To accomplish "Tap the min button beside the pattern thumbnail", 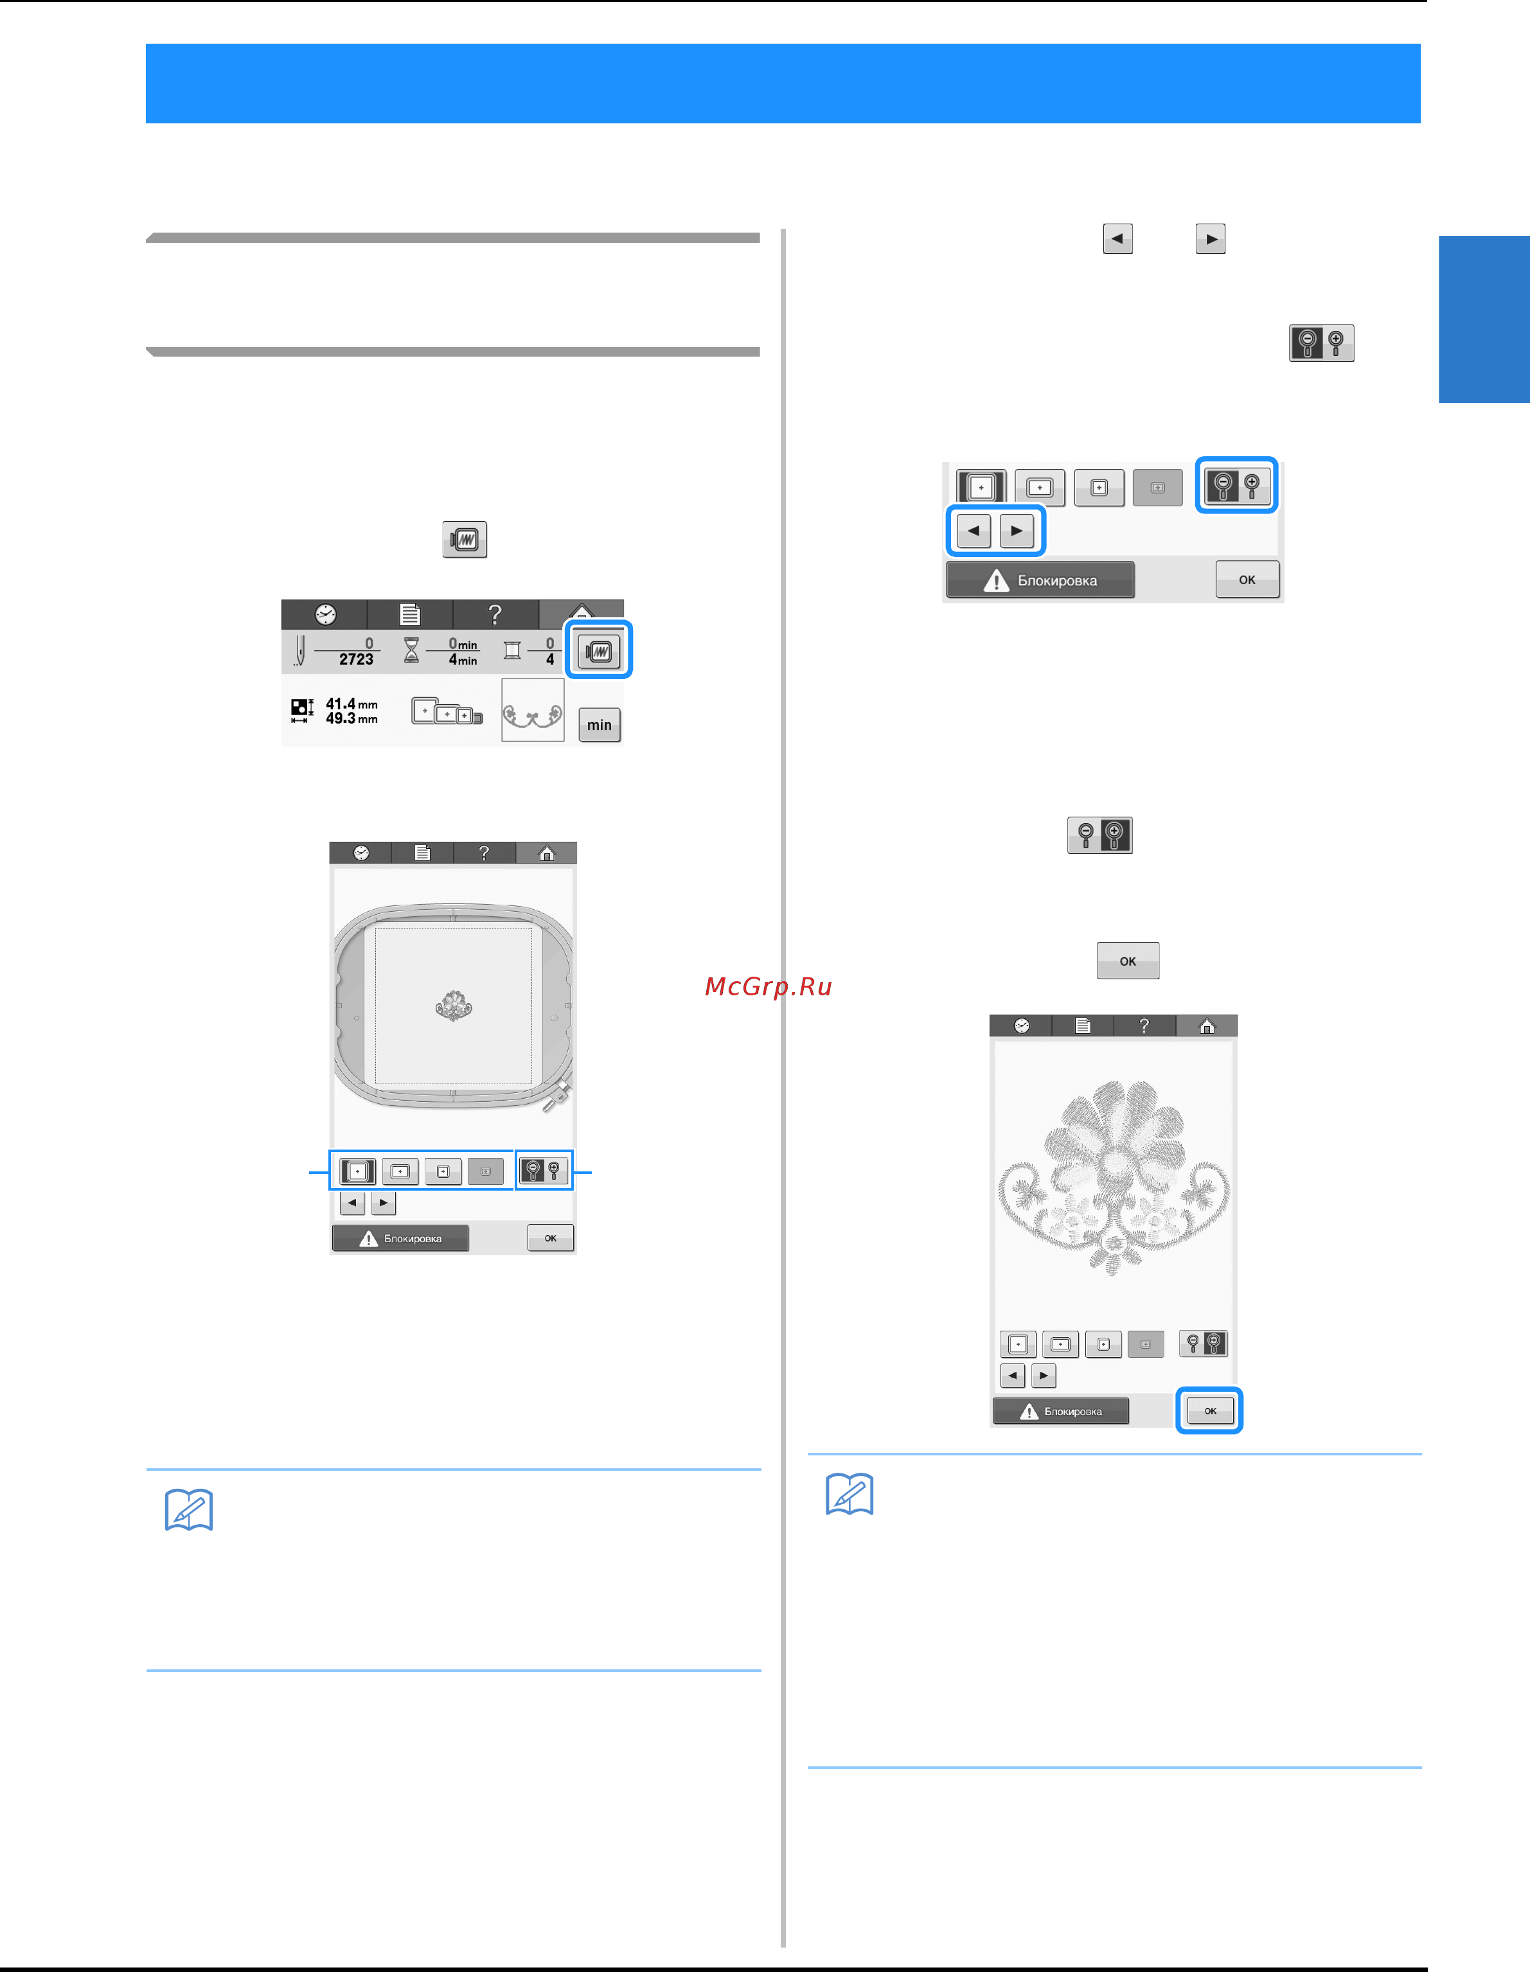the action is point(599,724).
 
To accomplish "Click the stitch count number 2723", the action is point(356,659).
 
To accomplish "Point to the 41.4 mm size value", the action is point(352,704).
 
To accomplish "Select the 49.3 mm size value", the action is point(352,719).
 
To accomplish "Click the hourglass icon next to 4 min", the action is point(412,650).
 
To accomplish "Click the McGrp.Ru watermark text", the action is point(769,987).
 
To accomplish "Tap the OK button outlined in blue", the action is point(1209,1410).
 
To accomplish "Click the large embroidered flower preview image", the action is point(1114,1177).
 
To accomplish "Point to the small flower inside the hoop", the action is point(454,1005).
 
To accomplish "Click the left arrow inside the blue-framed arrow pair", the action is point(974,531).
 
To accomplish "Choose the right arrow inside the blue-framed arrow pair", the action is point(1017,531).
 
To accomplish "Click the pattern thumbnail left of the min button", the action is point(533,711).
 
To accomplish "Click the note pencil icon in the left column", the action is point(189,1510).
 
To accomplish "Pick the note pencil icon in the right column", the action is point(850,1495).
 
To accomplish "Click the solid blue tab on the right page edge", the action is point(1484,319).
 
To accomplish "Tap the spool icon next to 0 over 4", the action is point(512,650).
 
